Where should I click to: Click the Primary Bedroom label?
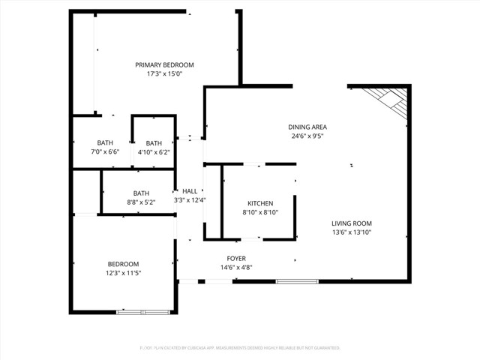(x=164, y=64)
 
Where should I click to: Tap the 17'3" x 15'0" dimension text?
(x=164, y=74)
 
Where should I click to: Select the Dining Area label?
(x=307, y=127)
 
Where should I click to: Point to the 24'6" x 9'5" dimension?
(x=307, y=136)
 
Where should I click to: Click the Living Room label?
(x=352, y=223)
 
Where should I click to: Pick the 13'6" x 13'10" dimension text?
(x=352, y=232)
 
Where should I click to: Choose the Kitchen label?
(x=260, y=203)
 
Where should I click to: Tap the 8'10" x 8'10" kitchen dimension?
(x=260, y=213)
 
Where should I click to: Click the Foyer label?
(x=236, y=258)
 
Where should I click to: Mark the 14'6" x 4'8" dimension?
(x=236, y=268)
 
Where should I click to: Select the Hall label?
(x=190, y=191)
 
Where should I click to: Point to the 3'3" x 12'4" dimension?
(x=190, y=200)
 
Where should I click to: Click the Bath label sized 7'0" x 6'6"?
(x=105, y=142)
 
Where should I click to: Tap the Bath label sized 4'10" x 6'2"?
(x=154, y=143)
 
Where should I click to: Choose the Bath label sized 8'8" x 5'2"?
(x=141, y=193)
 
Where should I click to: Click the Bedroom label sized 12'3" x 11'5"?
(x=123, y=264)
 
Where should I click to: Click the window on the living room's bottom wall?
(x=298, y=281)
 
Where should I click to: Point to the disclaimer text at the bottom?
(x=240, y=348)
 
